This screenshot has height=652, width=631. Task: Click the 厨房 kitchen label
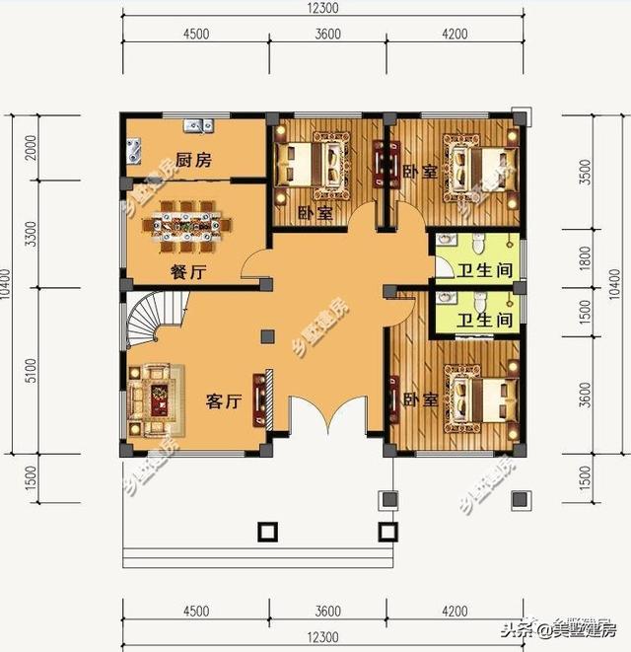coord(193,161)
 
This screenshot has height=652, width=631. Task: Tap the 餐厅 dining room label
coord(185,272)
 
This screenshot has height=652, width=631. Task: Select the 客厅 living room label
coord(224,401)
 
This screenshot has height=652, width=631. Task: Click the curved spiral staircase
coord(154,322)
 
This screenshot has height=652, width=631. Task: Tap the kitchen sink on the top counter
coord(197,125)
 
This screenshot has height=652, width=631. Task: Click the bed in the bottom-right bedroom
coord(481,400)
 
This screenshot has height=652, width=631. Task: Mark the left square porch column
coord(266,532)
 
